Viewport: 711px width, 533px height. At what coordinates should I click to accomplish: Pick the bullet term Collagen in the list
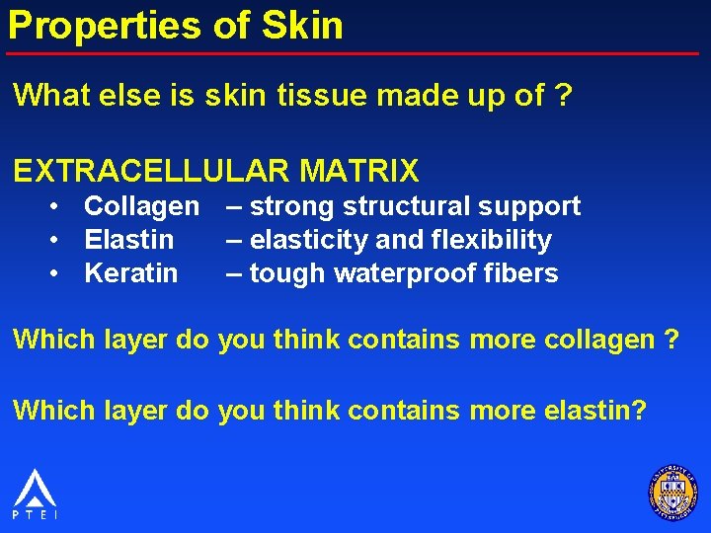pyautogui.click(x=141, y=206)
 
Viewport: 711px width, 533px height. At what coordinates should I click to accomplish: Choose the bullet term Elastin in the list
pyautogui.click(x=129, y=240)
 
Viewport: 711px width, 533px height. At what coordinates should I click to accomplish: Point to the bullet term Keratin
pyautogui.click(x=131, y=273)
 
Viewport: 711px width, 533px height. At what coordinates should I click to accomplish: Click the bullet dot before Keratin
pyautogui.click(x=59, y=274)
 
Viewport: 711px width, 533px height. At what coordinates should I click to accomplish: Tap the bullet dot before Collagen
pyautogui.click(x=59, y=207)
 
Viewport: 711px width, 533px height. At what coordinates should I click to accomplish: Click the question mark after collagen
pyautogui.click(x=671, y=340)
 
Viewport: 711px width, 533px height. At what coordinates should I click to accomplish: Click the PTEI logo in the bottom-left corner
pyautogui.click(x=35, y=493)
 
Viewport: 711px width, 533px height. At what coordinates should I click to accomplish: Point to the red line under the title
pyautogui.click(x=355, y=52)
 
